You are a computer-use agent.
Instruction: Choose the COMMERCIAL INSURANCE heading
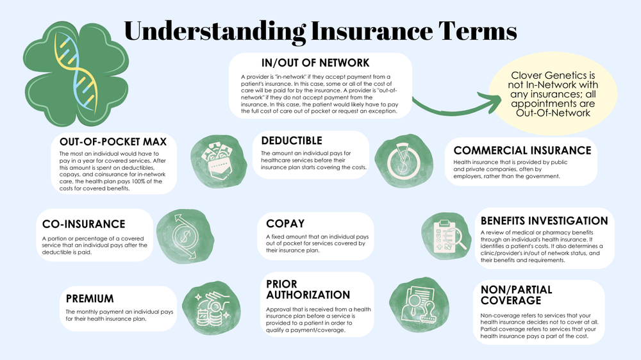tap(522, 151)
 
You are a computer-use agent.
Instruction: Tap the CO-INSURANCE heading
tap(83, 224)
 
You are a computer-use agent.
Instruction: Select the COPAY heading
tap(287, 224)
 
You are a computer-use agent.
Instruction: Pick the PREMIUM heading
tap(90, 299)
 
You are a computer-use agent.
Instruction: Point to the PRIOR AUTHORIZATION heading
tap(308, 289)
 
